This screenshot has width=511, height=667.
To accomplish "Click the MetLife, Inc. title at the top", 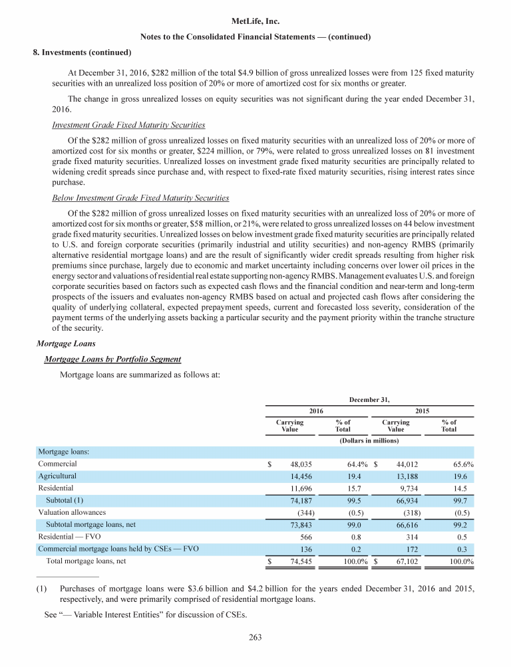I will pyautogui.click(x=255, y=22).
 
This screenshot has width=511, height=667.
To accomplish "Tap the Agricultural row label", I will pyautogui.click(x=57, y=476).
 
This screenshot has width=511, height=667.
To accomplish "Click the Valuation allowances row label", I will pyautogui.click(x=72, y=512).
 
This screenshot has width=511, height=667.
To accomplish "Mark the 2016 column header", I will pyautogui.click(x=316, y=411).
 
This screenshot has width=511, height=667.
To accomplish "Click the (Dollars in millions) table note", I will pyautogui.click(x=369, y=440).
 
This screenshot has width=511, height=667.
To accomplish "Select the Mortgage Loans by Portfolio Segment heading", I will pyautogui.click(x=112, y=359).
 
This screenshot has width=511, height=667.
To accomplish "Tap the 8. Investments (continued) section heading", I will pyautogui.click(x=82, y=51).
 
